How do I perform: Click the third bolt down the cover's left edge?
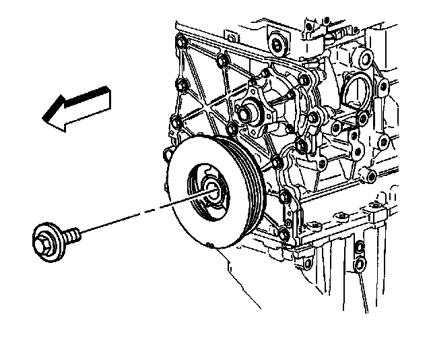click(x=176, y=122)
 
